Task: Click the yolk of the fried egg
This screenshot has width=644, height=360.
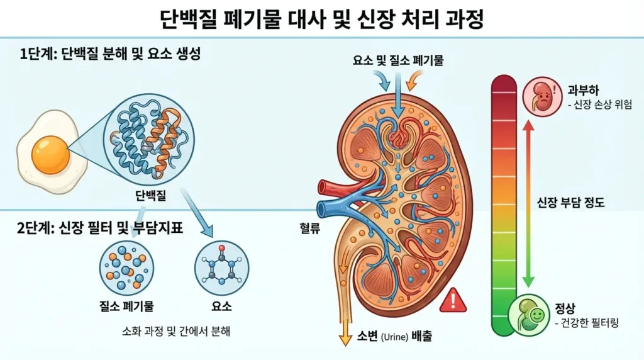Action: tap(50, 155)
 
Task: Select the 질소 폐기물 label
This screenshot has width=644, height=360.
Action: tap(128, 307)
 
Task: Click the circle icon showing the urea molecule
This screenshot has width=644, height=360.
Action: tap(222, 267)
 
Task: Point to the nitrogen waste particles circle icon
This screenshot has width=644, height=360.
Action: tap(128, 267)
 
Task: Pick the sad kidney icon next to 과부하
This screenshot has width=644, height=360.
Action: tap(540, 96)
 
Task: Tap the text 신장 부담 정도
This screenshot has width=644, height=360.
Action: tap(570, 203)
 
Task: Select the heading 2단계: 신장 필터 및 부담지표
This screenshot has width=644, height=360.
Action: tap(100, 228)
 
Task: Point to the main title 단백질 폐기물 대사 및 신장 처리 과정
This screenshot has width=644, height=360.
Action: tap(321, 20)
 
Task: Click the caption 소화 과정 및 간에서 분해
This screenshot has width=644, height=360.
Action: tap(175, 331)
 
